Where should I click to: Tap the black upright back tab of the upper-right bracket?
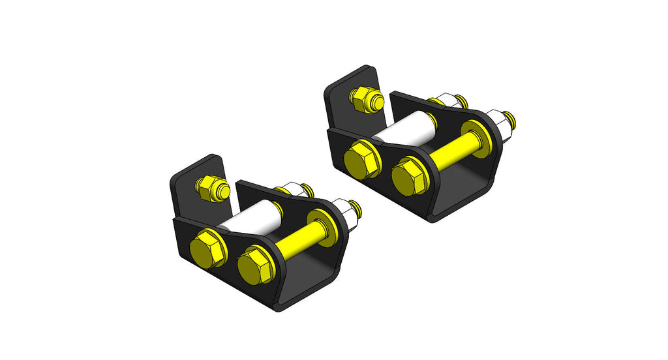pos(342,98)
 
